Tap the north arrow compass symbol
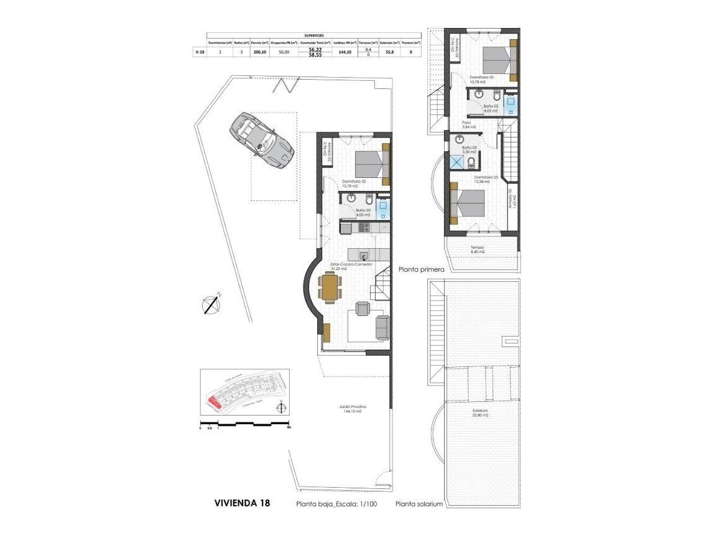point(211,304)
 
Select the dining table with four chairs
point(330,287)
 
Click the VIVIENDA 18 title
point(242,503)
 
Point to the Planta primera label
point(421,270)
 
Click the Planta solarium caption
point(419,505)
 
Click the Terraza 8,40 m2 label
point(477,249)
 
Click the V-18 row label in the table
point(199,53)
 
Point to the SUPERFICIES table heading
point(313,35)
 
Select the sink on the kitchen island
point(363,254)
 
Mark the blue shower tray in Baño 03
point(458,162)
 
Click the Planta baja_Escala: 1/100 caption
point(335,504)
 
